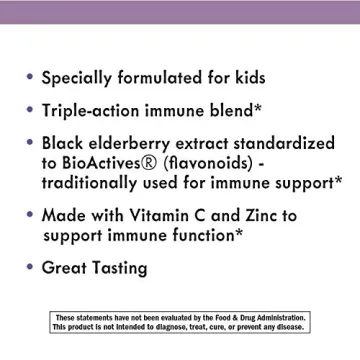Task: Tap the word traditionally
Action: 94,183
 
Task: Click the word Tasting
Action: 119,269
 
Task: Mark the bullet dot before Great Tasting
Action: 29,267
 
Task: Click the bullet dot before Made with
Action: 29,215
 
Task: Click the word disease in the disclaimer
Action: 290,327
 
